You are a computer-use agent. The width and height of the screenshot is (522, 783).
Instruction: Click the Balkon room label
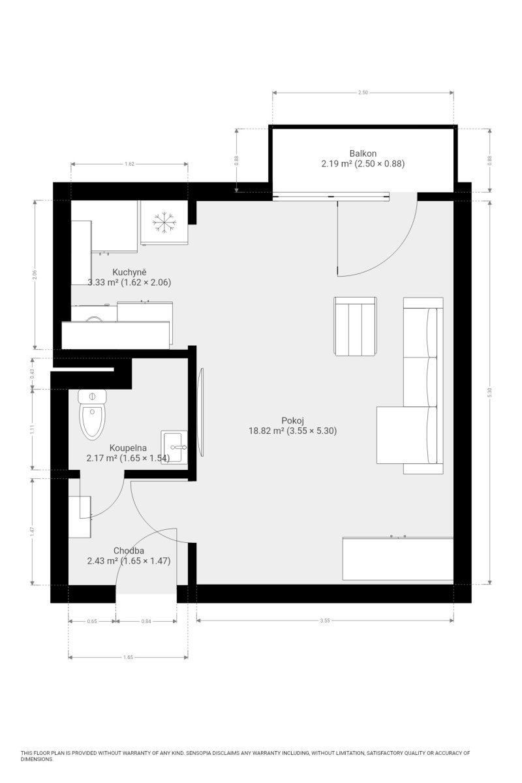click(x=363, y=153)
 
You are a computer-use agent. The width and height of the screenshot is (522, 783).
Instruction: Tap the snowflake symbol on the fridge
click(x=164, y=222)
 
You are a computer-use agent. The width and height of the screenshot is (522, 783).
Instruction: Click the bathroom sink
click(x=174, y=447)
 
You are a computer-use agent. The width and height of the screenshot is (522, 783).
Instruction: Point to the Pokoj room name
click(x=292, y=420)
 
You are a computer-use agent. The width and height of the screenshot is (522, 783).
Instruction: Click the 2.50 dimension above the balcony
click(x=363, y=93)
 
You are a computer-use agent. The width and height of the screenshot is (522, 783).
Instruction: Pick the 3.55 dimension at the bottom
click(x=325, y=621)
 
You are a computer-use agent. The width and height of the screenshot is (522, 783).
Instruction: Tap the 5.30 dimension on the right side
click(x=489, y=393)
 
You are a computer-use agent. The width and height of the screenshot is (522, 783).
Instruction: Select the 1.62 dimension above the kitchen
click(x=129, y=164)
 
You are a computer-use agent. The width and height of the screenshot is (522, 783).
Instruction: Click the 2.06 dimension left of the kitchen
click(x=35, y=275)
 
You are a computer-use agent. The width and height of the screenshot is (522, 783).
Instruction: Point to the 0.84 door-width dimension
click(x=146, y=621)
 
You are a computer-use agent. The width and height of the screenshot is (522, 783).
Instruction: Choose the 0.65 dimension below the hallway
click(x=92, y=621)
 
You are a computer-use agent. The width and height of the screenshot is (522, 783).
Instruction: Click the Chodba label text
click(x=129, y=551)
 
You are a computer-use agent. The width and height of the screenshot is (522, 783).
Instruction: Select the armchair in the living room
click(x=355, y=326)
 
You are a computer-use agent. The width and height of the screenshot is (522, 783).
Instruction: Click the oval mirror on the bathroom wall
click(x=200, y=412)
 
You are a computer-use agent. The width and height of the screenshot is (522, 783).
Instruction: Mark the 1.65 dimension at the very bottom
click(x=128, y=657)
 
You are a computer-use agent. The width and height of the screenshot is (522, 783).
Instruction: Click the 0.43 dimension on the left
click(x=32, y=374)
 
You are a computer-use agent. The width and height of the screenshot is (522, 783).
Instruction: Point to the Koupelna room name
click(x=128, y=448)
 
